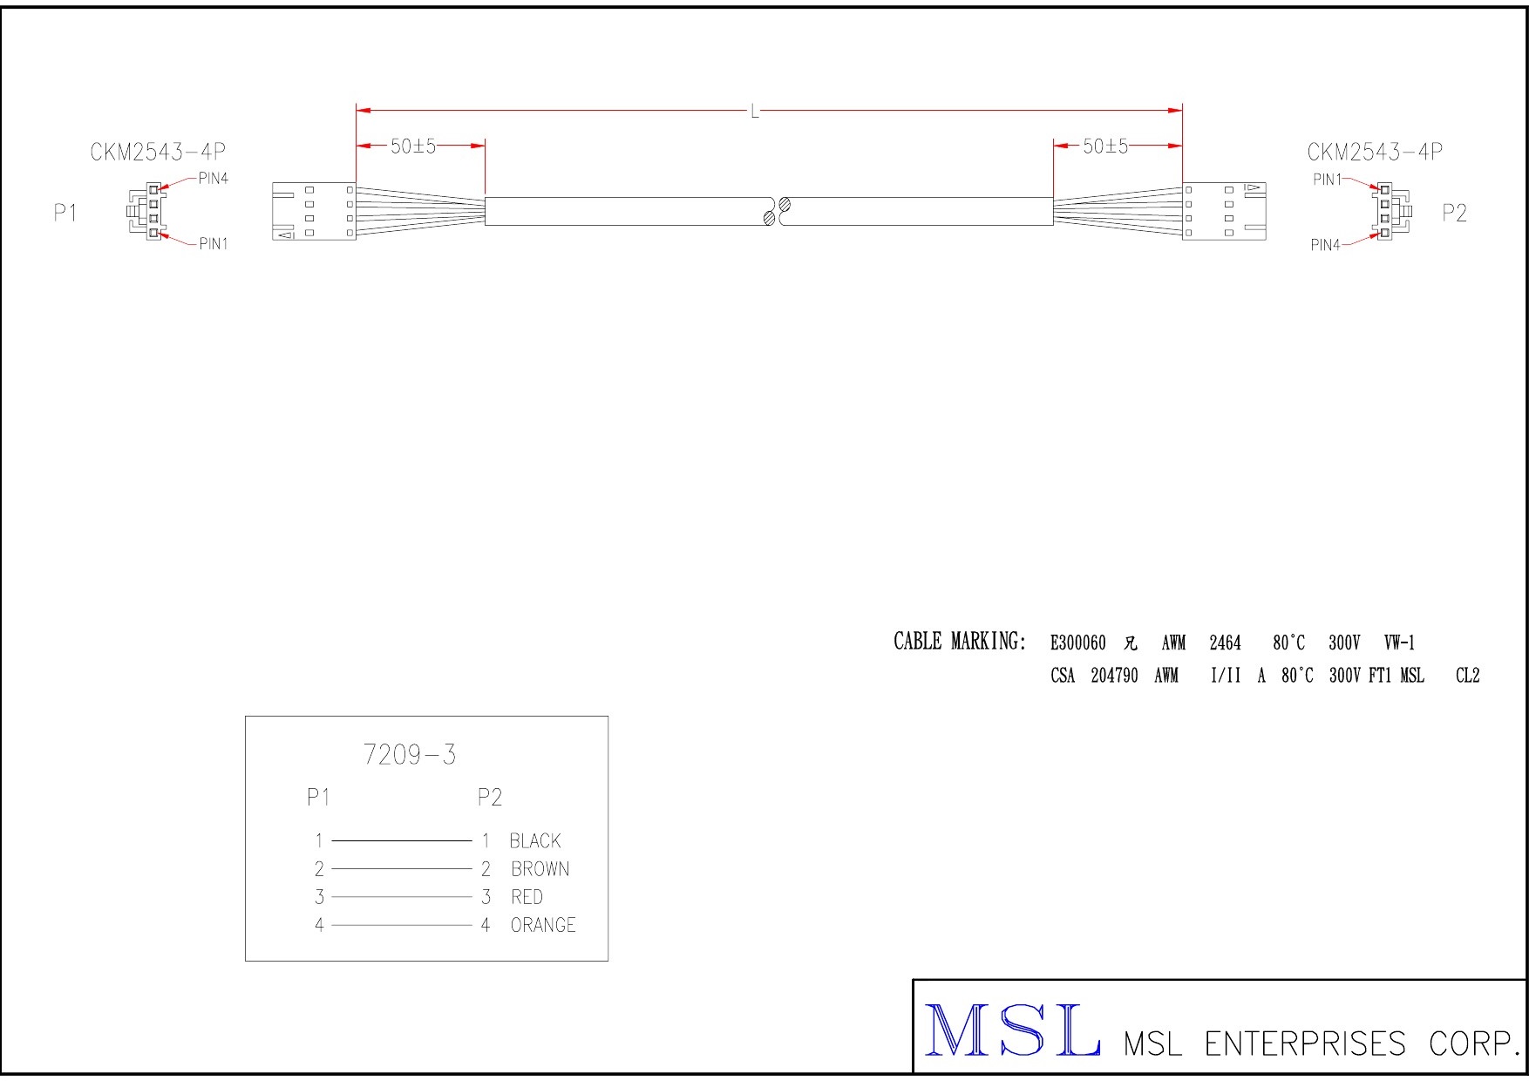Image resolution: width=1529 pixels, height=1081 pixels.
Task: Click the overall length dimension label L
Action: (x=755, y=112)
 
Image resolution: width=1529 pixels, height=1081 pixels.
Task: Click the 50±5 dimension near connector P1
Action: (x=413, y=146)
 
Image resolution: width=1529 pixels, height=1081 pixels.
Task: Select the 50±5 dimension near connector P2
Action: (x=1105, y=146)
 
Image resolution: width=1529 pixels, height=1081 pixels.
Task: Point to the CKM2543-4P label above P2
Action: (x=1375, y=153)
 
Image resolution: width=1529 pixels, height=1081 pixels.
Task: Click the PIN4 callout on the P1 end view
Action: (x=214, y=179)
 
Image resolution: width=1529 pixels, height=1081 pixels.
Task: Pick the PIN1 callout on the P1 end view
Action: (x=214, y=244)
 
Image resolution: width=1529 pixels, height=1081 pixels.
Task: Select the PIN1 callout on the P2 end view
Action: (x=1328, y=180)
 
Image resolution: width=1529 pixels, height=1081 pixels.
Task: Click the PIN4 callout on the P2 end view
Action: (x=1326, y=246)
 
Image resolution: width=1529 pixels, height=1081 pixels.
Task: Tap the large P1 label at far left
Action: (x=66, y=214)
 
